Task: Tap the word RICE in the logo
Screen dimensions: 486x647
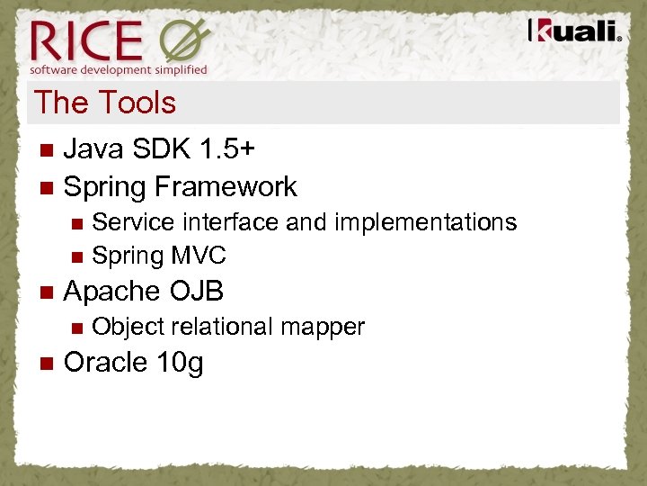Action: (86, 41)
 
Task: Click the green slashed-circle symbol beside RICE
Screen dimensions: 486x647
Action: (185, 41)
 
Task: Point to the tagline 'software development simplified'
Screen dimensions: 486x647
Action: (119, 69)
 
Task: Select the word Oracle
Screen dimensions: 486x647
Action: (106, 362)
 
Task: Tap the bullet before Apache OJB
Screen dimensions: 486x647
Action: (47, 292)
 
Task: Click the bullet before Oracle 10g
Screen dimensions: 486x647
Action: (47, 363)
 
